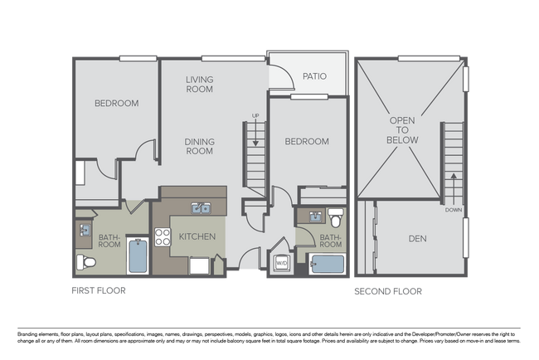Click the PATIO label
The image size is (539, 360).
point(314,76)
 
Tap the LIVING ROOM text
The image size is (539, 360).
point(199,84)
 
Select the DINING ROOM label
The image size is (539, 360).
point(199,146)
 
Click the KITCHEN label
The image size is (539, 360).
point(197,237)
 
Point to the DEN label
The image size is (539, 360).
point(419,239)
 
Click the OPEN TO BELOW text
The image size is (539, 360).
point(402,130)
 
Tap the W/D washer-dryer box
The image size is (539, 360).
point(281,264)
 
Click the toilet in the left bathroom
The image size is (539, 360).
point(86,263)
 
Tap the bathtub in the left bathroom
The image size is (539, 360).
point(137,256)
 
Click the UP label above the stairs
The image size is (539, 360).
point(255,116)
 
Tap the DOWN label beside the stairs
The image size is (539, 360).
point(453,210)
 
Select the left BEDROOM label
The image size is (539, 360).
point(116,103)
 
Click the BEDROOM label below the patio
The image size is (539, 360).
point(307,142)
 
